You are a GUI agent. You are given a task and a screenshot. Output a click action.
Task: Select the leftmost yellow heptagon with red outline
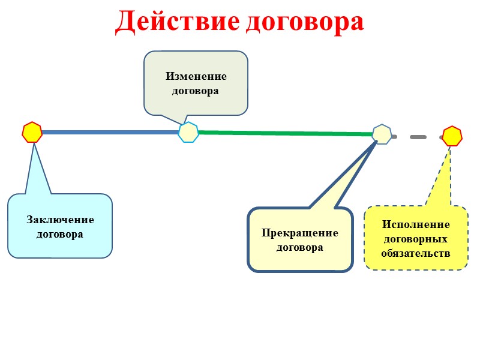tap(32, 132)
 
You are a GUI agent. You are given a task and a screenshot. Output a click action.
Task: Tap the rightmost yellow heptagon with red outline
tap(452, 136)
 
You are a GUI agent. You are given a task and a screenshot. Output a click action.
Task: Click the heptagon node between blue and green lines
tap(188, 132)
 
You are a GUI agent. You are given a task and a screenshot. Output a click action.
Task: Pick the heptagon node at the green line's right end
tap(382, 134)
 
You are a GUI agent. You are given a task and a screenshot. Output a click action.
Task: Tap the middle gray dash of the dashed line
tap(418, 137)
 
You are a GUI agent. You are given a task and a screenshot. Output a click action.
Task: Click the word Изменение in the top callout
tap(196, 77)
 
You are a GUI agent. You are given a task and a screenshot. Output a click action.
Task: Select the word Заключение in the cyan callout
tap(60, 220)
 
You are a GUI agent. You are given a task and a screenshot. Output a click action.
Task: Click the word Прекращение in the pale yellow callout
tap(300, 233)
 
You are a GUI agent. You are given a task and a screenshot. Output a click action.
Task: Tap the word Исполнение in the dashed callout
tap(416, 224)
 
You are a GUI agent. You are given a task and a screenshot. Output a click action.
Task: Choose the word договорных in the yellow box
tap(416, 238)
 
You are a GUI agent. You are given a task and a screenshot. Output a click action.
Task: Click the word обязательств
tap(416, 253)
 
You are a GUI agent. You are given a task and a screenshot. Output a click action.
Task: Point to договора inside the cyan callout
tap(60, 234)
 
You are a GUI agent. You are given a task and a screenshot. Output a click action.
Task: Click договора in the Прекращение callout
tap(300, 247)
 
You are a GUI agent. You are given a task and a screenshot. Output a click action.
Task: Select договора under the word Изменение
tap(196, 91)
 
